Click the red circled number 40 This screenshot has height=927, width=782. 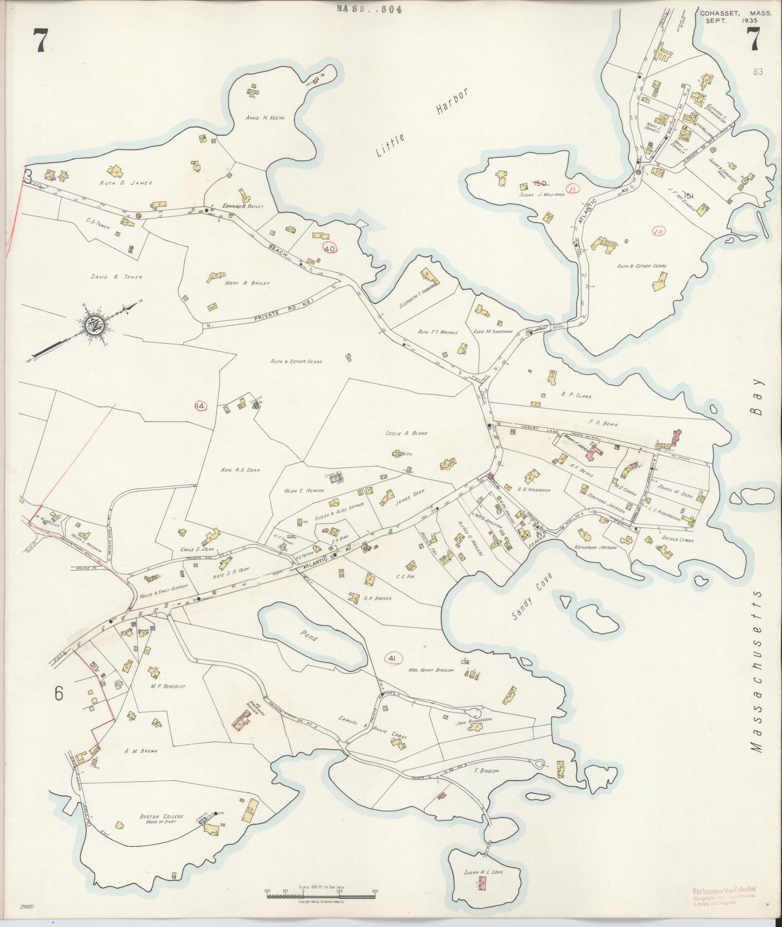(x=330, y=249)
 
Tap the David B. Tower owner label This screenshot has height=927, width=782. (x=116, y=277)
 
